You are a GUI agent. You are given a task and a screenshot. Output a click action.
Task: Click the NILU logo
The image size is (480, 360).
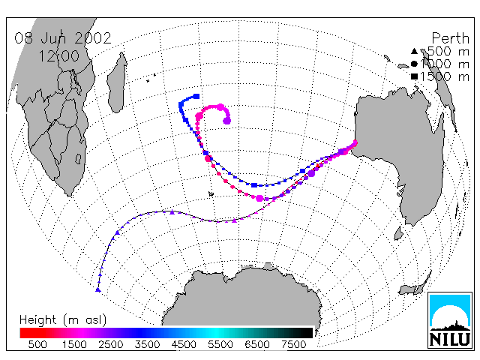click(x=450, y=320)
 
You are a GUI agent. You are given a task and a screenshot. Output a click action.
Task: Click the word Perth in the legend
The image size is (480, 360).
click(x=450, y=38)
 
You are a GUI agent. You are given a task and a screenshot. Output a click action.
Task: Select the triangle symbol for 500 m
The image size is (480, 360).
click(x=414, y=51)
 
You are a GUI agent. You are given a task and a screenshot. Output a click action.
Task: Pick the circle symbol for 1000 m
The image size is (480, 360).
click(x=414, y=64)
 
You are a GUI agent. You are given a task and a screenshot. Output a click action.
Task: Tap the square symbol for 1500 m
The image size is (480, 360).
click(x=414, y=76)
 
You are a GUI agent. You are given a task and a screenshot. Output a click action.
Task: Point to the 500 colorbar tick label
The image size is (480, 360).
click(x=37, y=344)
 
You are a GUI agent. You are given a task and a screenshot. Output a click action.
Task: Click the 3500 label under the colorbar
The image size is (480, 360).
click(x=147, y=344)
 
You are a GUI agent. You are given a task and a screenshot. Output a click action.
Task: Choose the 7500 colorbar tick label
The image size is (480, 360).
click(x=293, y=344)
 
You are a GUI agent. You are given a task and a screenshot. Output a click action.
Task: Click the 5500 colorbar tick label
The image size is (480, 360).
click(x=220, y=344)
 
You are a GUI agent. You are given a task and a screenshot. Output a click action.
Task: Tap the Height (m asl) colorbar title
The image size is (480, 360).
click(x=63, y=320)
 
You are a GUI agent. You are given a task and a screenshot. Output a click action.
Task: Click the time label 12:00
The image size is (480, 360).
click(x=59, y=56)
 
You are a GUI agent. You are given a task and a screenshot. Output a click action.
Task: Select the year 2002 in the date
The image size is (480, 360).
click(x=93, y=38)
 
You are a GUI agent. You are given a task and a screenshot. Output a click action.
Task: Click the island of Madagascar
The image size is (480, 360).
click(x=117, y=82)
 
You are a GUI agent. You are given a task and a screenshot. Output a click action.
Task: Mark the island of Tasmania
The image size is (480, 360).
click(x=398, y=233)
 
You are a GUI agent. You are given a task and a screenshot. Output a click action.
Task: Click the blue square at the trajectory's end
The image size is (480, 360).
click(x=196, y=96)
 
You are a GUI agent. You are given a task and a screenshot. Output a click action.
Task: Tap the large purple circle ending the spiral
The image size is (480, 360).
click(x=226, y=121)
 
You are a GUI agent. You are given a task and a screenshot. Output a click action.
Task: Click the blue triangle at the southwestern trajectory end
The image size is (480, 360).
click(x=98, y=289)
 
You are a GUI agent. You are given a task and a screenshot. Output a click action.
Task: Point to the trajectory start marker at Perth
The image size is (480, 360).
click(x=355, y=142)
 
